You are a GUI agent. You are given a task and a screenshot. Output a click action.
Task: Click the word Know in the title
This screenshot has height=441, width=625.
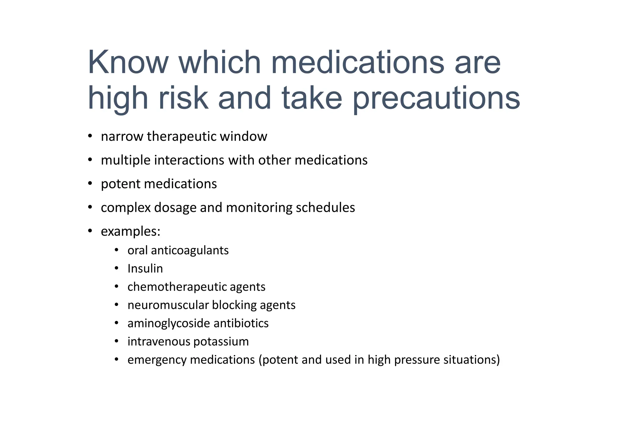128,62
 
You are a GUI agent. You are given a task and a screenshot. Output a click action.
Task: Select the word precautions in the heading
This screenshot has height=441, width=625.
436,98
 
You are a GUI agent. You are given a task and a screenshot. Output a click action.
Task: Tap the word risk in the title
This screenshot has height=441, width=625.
183,98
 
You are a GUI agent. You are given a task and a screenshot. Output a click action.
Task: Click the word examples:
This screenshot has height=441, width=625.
131,232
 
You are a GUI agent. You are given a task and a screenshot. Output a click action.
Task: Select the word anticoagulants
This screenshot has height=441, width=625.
190,251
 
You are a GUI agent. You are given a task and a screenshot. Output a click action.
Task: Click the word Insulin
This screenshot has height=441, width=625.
145,269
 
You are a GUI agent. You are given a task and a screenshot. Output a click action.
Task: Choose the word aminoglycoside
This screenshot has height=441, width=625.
169,323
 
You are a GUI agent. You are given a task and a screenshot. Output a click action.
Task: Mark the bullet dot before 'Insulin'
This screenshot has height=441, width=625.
116,269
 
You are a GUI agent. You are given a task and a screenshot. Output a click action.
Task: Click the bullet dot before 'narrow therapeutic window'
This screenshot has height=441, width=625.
90,136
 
